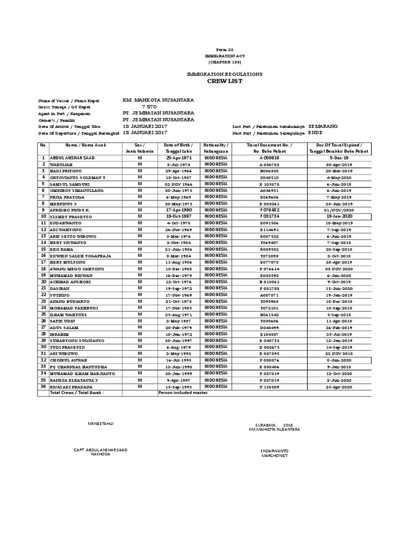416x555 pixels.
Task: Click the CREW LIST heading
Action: tap(224, 81)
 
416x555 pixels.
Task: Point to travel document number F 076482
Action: tap(269, 210)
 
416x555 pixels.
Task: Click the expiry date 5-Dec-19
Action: tap(339, 158)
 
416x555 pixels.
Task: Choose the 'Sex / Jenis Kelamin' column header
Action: tap(140, 148)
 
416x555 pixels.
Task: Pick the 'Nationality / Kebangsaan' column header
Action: tap(216, 148)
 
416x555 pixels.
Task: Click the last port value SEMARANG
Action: tap(322, 126)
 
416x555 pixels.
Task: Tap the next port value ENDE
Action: tap(315, 132)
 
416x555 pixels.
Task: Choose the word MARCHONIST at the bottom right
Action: tap(275, 456)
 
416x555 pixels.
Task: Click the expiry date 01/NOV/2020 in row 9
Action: tap(339, 210)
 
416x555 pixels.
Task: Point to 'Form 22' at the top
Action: tap(223, 49)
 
